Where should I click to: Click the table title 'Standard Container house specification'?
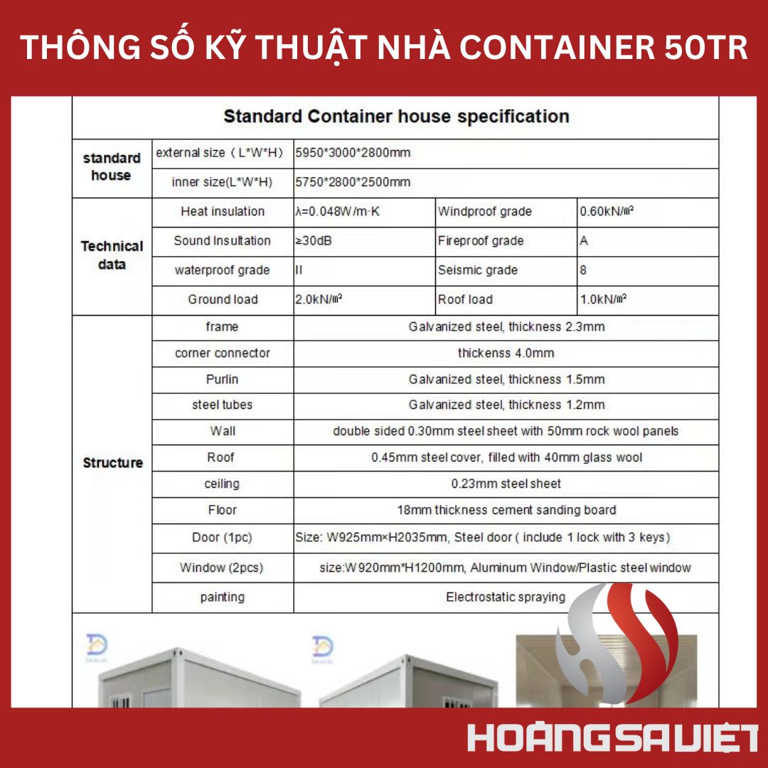tap(396, 117)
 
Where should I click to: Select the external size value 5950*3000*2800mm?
tap(353, 153)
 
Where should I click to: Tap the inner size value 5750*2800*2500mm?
tap(353, 182)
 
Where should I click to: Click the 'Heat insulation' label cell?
tap(223, 211)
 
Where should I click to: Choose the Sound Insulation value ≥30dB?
tap(313, 241)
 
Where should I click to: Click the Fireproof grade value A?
tap(584, 241)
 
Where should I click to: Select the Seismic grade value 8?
tap(583, 270)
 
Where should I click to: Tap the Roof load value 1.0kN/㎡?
tap(603, 299)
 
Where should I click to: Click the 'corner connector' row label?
tap(223, 353)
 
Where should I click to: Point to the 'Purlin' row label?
tap(223, 379)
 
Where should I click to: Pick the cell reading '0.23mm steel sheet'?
tap(506, 484)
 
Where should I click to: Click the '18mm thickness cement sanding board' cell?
tap(506, 510)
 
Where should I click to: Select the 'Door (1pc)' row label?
tap(223, 537)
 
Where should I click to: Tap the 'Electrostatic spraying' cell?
tap(506, 597)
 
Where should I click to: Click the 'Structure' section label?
tap(112, 463)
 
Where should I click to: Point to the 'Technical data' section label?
tap(112, 255)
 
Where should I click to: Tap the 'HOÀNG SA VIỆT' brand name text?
tap(612, 738)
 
